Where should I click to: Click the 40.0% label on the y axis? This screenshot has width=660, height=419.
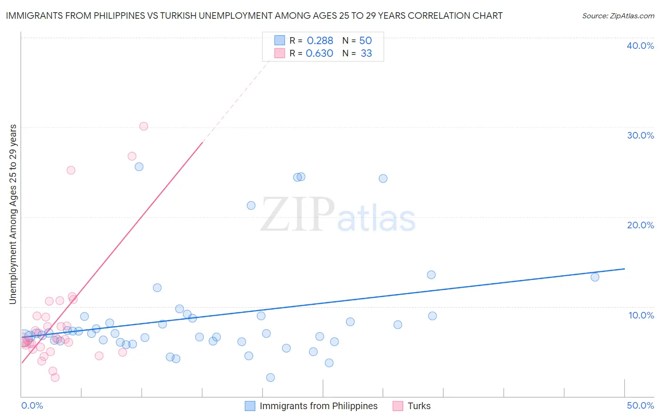640,46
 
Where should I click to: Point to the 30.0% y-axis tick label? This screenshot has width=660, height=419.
640,135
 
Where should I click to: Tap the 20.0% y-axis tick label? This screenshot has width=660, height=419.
640,225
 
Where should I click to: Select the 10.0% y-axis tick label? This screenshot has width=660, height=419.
641,315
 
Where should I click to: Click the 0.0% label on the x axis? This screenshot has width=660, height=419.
32,405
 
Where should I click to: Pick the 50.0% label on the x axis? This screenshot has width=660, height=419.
640,405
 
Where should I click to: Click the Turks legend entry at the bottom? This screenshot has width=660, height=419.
419,406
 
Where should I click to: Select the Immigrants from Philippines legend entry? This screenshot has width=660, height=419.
318,406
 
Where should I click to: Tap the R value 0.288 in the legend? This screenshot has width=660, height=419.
320,41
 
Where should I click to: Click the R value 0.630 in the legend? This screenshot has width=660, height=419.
319,54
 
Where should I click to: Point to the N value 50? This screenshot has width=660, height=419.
365,41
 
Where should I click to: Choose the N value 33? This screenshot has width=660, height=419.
366,54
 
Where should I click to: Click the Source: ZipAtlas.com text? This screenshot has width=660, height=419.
618,16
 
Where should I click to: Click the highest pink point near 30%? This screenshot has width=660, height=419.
144,126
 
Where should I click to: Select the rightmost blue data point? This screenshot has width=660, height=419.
595,277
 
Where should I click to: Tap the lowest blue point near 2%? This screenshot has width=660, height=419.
270,378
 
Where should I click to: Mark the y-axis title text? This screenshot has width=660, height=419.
13,214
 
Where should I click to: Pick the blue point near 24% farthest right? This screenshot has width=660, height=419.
383,178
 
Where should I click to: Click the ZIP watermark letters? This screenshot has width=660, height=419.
298,215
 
